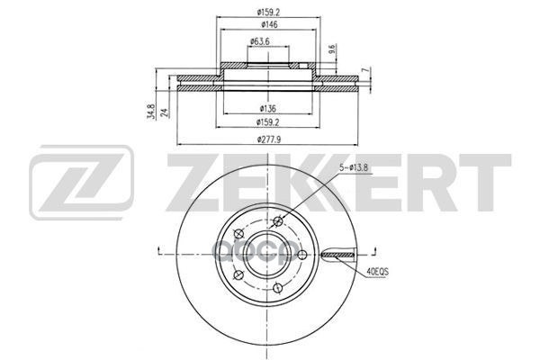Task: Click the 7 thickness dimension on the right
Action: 364,69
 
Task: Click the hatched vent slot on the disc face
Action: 341,256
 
